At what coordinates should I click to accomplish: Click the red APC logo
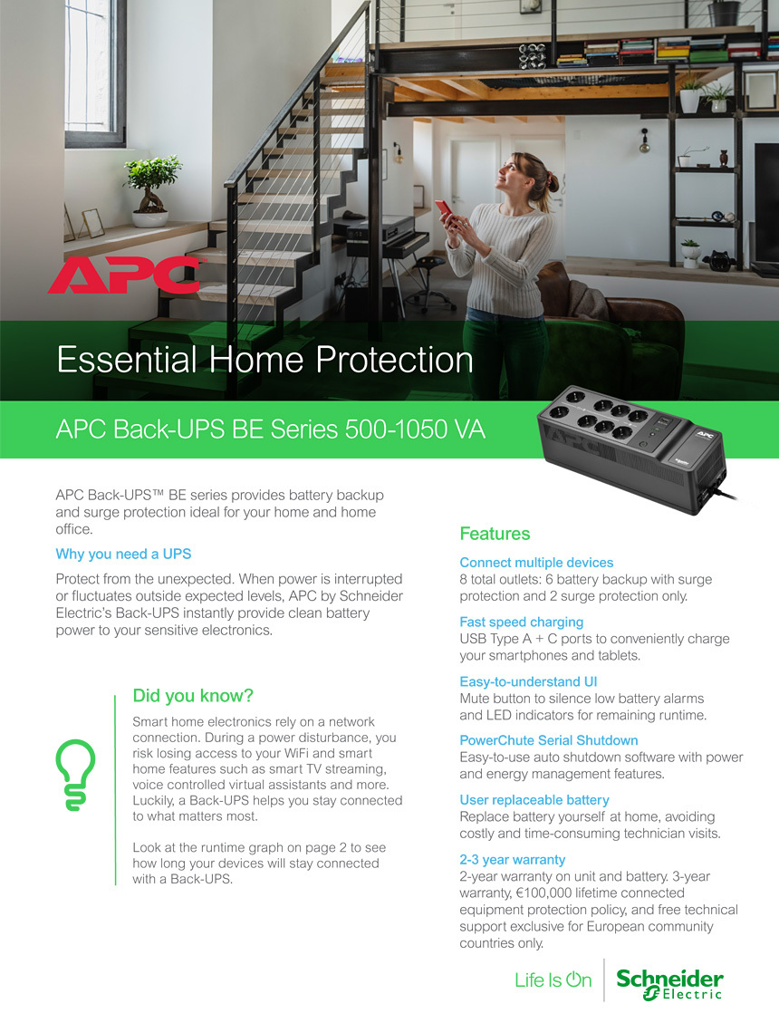click(124, 275)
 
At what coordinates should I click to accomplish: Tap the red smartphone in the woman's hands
click(446, 211)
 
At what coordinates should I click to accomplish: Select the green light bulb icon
click(75, 775)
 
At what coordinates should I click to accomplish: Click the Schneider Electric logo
click(670, 984)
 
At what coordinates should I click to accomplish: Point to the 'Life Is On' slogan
click(553, 980)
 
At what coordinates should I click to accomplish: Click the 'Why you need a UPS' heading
click(123, 554)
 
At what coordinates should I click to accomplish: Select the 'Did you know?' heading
click(192, 696)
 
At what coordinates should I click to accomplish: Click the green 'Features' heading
click(495, 534)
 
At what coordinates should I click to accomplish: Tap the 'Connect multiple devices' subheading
click(536, 563)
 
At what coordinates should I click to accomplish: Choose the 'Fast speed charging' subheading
click(521, 622)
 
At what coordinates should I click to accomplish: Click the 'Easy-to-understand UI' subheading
click(528, 681)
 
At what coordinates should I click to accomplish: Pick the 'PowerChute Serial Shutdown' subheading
click(549, 740)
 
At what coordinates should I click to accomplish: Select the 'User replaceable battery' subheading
click(534, 800)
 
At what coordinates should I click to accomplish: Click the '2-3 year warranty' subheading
click(512, 860)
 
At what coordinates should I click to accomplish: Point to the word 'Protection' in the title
click(395, 360)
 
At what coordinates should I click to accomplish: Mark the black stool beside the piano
click(428, 281)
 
